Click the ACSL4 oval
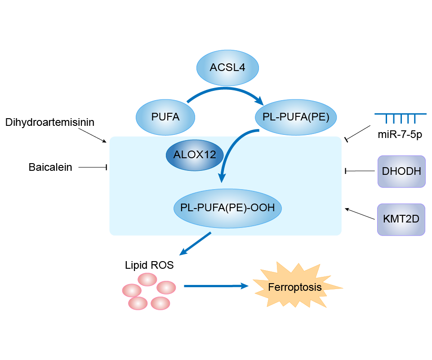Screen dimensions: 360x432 (227, 68)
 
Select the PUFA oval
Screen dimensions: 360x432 (165, 117)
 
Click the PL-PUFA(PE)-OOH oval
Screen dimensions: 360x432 (227, 208)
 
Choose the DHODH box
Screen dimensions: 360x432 (401, 171)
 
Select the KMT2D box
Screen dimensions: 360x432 (401, 219)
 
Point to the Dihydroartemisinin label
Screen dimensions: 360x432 (50, 122)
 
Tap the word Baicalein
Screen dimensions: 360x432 (50, 168)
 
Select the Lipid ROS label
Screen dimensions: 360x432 (149, 265)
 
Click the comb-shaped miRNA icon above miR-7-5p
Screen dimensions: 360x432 (400, 118)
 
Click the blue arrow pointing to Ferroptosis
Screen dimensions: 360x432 (216, 286)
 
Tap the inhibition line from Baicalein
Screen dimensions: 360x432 (92, 168)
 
